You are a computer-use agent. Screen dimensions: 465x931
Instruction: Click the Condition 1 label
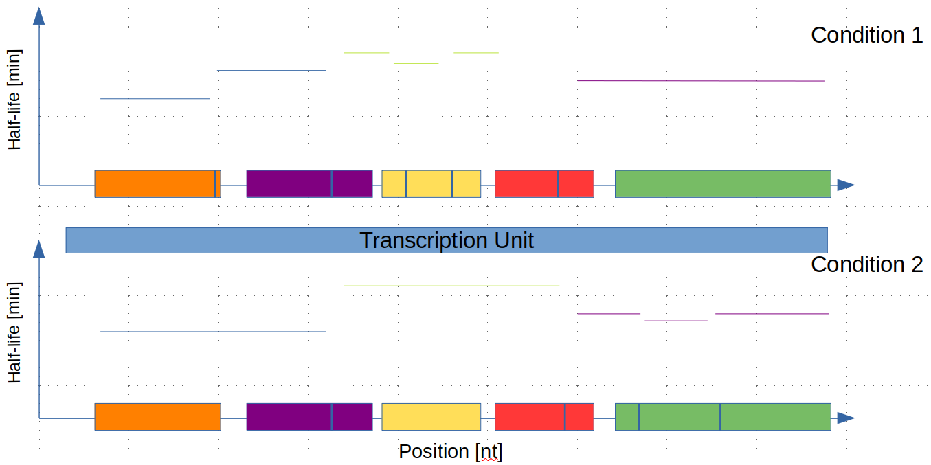(x=866, y=35)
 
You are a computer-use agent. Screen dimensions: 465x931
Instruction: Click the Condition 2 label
(x=866, y=264)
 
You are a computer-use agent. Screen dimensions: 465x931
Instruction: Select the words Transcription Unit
(x=447, y=240)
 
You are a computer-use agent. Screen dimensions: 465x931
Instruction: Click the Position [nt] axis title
(x=450, y=451)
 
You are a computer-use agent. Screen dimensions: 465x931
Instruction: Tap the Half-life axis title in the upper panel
(x=14, y=100)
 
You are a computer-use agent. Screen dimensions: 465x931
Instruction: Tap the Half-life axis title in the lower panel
(x=14, y=333)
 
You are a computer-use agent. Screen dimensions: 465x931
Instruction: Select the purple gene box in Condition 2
(x=309, y=417)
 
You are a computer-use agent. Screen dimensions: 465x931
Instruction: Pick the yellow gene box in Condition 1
(x=431, y=184)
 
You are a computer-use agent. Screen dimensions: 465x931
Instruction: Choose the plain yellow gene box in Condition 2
(x=431, y=417)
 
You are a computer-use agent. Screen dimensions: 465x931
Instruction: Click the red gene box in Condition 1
(x=544, y=184)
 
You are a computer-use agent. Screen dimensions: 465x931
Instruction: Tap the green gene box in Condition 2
(x=723, y=417)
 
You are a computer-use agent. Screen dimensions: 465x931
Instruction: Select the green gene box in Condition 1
(x=723, y=184)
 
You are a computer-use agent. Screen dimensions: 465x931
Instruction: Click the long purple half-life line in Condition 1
(x=700, y=81)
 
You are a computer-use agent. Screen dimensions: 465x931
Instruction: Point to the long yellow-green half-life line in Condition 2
(x=451, y=285)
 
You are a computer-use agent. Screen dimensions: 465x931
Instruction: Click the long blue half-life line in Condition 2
(x=213, y=332)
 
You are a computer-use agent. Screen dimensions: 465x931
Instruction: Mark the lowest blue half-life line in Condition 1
(x=155, y=99)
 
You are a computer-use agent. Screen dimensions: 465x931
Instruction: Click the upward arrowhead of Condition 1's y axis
(x=39, y=16)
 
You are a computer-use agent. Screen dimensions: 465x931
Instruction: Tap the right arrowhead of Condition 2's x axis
(x=846, y=418)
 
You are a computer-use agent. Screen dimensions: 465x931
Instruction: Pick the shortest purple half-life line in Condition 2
(x=676, y=321)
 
